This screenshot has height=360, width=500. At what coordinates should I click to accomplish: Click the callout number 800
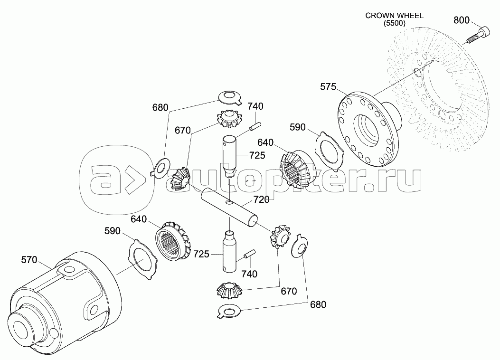pyautogui.click(x=462, y=20)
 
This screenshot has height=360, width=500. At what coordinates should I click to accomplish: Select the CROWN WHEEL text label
pyautogui.click(x=395, y=16)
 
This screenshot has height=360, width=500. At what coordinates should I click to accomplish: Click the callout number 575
pyautogui.click(x=328, y=87)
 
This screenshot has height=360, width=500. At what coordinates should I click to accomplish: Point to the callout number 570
pyautogui.click(x=29, y=260)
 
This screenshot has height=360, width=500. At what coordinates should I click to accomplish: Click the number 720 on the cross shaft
pyautogui.click(x=262, y=199)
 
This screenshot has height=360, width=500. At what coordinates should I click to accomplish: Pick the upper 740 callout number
pyautogui.click(x=255, y=106)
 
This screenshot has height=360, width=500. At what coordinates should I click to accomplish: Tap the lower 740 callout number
pyautogui.click(x=249, y=274)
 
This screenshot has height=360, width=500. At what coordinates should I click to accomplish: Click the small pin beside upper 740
pyautogui.click(x=255, y=126)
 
